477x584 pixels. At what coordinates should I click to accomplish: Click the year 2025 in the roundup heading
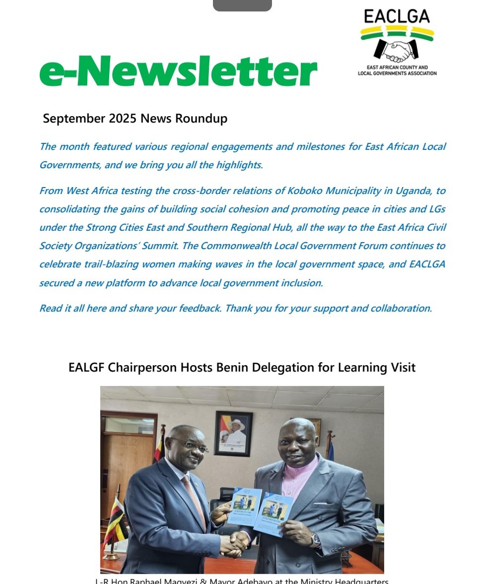[123, 119]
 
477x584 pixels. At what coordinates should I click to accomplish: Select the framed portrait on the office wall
[233, 433]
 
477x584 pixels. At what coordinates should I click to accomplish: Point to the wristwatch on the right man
[315, 540]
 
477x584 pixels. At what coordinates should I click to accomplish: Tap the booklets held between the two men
[260, 512]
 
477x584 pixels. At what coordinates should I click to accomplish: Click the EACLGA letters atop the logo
[397, 16]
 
